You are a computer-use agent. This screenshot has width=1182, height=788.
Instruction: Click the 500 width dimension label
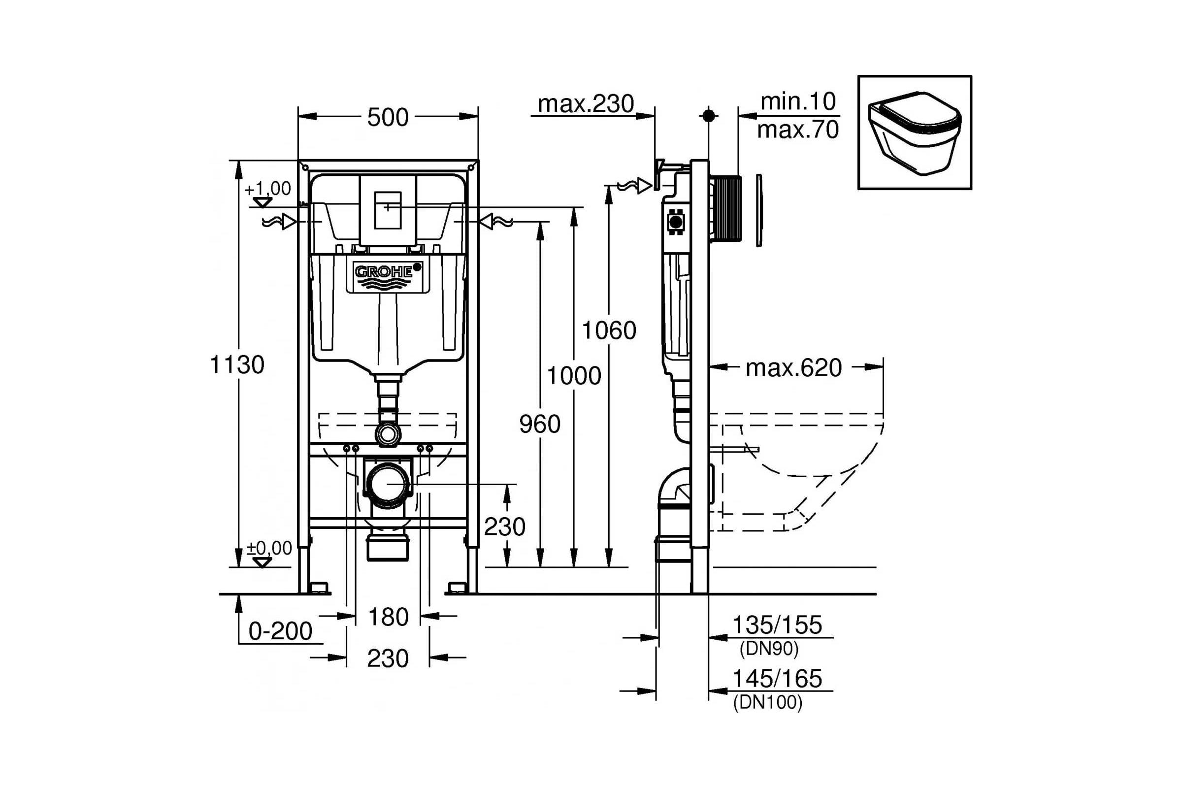(x=388, y=118)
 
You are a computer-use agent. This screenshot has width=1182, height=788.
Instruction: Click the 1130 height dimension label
(x=237, y=364)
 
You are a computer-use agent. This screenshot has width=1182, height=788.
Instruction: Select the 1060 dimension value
(x=609, y=330)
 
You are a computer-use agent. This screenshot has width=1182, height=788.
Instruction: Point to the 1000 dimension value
(x=573, y=375)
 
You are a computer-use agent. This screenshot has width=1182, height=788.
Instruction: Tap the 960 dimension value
(x=540, y=424)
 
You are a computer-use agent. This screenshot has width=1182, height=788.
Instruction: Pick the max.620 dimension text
(x=793, y=368)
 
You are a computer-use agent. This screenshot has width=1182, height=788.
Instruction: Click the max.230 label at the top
(x=586, y=104)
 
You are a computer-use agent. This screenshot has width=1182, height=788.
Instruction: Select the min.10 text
(x=798, y=101)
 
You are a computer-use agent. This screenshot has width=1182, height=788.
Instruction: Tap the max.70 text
(x=798, y=130)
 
